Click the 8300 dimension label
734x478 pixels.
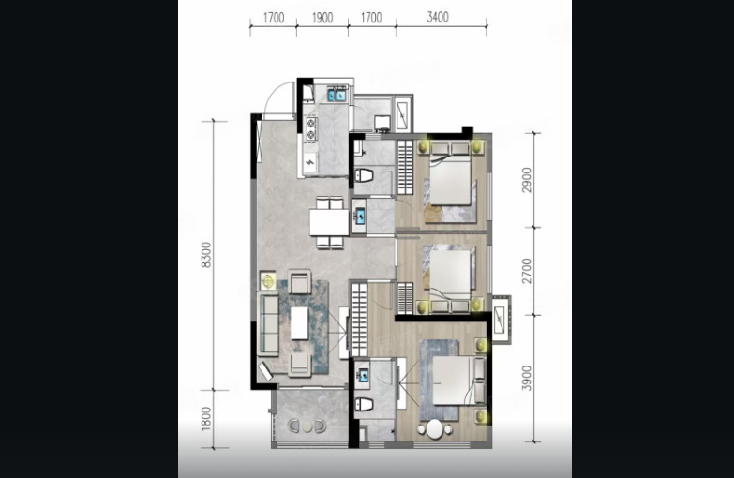[x=206, y=255]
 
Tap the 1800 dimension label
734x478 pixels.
[x=206, y=419]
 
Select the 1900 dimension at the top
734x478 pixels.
[x=322, y=18]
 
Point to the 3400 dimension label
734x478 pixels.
[x=438, y=17]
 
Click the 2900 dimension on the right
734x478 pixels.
[x=527, y=180]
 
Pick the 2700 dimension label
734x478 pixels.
[x=527, y=271]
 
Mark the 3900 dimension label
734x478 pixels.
[x=527, y=379]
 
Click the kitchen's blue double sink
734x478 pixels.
[x=337, y=95]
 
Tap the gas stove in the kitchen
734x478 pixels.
[x=310, y=128]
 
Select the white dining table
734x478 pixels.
[x=329, y=222]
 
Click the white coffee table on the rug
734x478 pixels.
[x=300, y=323]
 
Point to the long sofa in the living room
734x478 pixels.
[x=269, y=324]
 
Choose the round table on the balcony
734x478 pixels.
[x=307, y=426]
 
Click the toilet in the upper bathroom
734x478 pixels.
[x=364, y=176]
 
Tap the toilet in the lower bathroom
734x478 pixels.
[x=364, y=405]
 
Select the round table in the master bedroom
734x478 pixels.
[x=434, y=429]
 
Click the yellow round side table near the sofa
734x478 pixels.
[x=268, y=281]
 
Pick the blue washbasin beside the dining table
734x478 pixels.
[x=360, y=217]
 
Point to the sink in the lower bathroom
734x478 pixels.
[x=363, y=375]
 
